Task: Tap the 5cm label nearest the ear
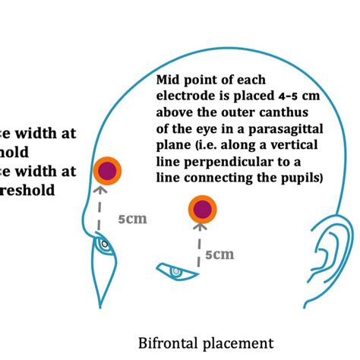click(x=221, y=254)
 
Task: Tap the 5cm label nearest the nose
click(x=132, y=219)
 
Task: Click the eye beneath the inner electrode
click(x=175, y=270)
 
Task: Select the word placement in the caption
click(x=236, y=343)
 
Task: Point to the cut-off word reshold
click(x=27, y=190)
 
